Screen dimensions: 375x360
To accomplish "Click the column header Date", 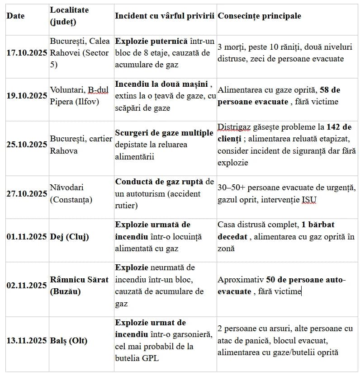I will coord(15,16).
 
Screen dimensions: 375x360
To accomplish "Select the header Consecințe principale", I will coord(259,16).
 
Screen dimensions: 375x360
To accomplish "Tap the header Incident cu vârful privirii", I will coord(164,16).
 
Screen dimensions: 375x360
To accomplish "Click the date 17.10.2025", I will coord(27,53).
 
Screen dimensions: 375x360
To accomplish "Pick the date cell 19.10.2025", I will coord(27,96).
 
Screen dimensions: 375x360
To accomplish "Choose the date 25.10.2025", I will coord(27,145).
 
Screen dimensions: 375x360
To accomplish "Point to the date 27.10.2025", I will coord(27,193).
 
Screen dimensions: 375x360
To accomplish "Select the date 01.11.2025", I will coord(27,237).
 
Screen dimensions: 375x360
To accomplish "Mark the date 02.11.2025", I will coord(27,286).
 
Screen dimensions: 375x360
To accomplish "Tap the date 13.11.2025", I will coord(27,341).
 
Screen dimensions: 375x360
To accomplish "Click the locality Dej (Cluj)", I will coord(69,237).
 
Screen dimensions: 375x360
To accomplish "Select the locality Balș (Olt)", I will coord(69,341).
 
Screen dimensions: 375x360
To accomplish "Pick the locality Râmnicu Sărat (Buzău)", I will coord(79,286).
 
